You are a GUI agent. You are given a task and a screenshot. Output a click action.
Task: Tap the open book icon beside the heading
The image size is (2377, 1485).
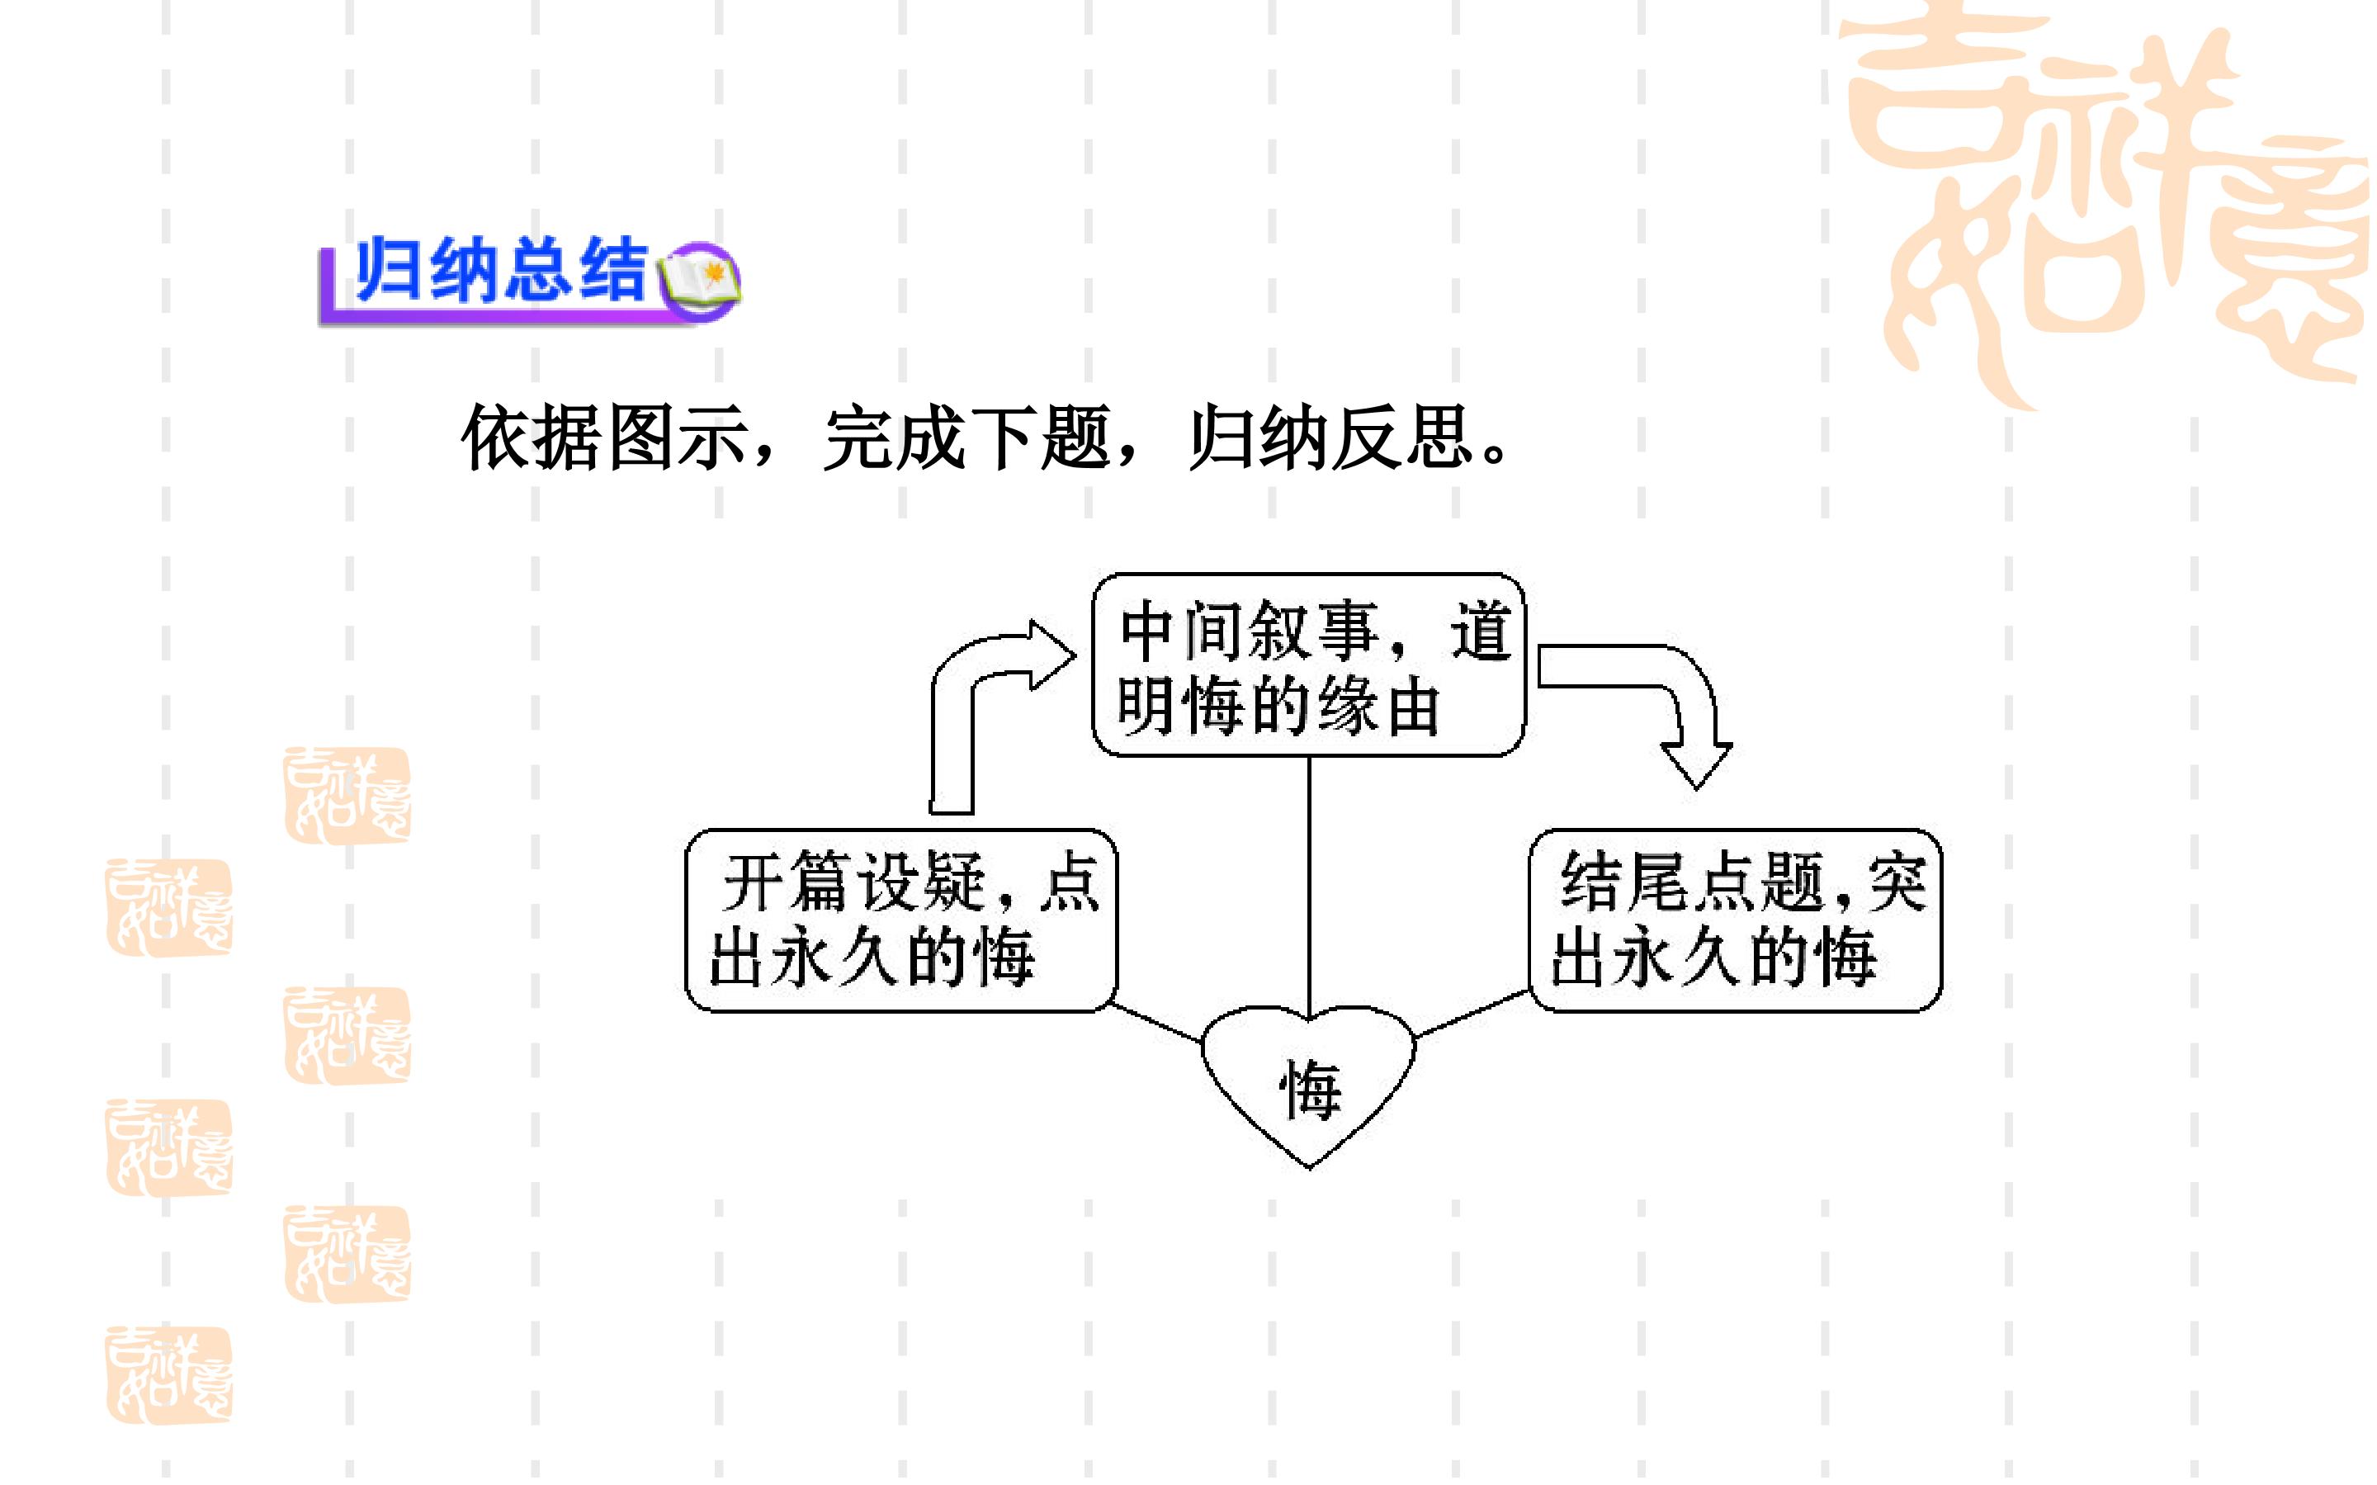[x=699, y=279]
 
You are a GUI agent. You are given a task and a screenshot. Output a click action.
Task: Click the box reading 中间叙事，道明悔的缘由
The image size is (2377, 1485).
[x=1309, y=665]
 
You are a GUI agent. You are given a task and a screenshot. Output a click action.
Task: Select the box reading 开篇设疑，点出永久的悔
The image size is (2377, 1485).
[x=901, y=920]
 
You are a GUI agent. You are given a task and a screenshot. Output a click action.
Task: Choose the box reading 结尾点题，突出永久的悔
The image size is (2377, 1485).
[x=1736, y=920]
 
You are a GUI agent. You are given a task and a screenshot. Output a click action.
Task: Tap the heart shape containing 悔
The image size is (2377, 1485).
[x=1309, y=1087]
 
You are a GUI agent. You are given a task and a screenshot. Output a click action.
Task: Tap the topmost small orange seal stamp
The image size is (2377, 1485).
[x=347, y=796]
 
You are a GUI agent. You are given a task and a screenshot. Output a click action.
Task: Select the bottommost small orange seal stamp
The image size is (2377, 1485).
[x=169, y=1374]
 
